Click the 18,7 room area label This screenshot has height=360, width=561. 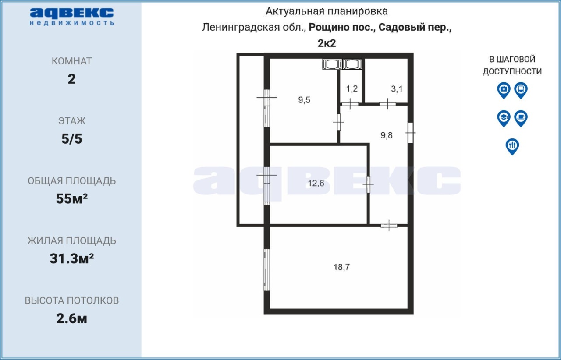[341, 267]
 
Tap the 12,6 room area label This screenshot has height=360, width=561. [316, 183]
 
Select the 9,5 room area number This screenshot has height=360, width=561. [304, 100]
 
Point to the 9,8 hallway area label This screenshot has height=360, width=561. [387, 135]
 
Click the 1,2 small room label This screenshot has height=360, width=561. [352, 88]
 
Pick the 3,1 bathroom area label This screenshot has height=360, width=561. [397, 88]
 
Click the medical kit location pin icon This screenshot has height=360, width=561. [504, 90]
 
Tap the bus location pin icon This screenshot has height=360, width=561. [521, 90]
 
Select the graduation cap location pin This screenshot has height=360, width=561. [504, 118]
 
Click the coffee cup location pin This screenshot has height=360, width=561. [521, 118]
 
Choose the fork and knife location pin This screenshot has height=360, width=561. [512, 146]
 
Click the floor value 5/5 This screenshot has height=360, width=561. [71, 139]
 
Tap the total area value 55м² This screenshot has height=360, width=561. [71, 198]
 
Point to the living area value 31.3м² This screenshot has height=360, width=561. [71, 258]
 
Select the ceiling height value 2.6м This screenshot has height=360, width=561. [71, 318]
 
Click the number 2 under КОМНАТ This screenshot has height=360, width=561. [71, 79]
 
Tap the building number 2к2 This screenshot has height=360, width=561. [327, 43]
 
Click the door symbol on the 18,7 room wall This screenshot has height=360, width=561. [389, 226]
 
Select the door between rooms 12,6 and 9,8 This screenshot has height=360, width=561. [368, 185]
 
